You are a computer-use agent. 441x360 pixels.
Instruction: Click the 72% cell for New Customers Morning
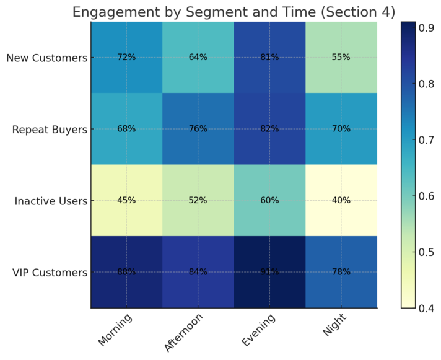point(126,57)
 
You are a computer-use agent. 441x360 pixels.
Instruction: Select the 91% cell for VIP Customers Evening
point(269,272)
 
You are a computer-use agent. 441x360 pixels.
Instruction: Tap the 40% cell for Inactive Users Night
point(341,200)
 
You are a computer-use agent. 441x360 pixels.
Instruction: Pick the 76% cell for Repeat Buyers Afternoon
point(198,129)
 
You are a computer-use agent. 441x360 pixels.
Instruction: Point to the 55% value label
point(341,57)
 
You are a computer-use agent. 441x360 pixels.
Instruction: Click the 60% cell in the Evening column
point(269,200)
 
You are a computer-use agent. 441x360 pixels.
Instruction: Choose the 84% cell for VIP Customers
point(198,272)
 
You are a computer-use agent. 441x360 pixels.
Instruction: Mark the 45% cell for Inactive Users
point(126,200)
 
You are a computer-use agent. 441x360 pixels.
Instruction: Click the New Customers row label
point(46,58)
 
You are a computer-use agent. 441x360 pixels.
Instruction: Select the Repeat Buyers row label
point(48,130)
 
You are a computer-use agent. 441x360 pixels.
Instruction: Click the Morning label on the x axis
point(115,331)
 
